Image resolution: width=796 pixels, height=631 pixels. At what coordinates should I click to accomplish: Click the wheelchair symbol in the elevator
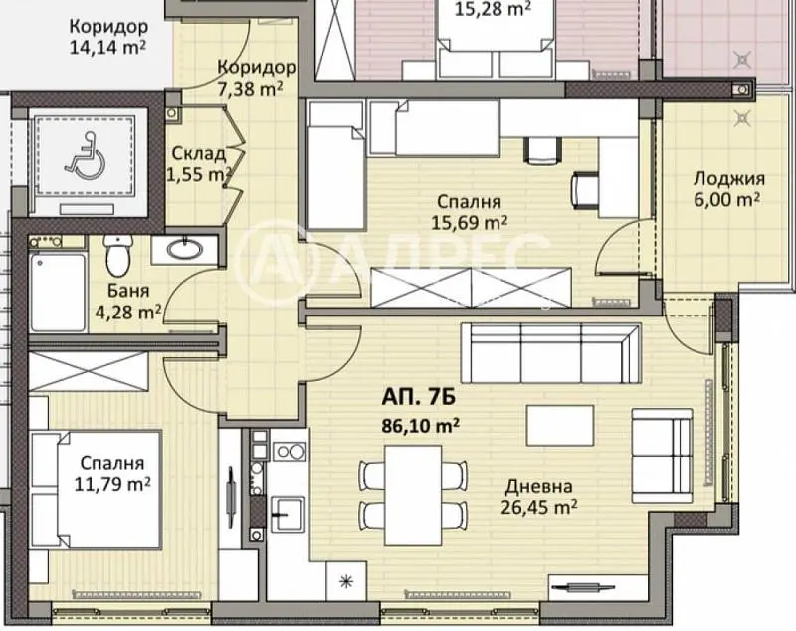[86, 156]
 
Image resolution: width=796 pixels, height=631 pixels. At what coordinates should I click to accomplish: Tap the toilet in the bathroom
[118, 256]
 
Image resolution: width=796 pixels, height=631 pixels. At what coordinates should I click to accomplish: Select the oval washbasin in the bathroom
[185, 249]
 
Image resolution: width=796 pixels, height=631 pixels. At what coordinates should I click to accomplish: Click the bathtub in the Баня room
[58, 292]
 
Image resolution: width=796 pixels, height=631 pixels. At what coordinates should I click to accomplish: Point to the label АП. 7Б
[418, 397]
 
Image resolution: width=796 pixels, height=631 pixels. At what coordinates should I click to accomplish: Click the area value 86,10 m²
[421, 425]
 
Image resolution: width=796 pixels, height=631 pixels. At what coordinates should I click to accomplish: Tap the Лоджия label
[729, 179]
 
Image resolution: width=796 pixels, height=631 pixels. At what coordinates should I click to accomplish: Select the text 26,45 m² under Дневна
[539, 507]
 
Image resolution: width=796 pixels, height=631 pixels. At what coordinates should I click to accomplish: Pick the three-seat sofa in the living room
[551, 353]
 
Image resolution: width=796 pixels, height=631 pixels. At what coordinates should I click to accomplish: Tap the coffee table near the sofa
[560, 425]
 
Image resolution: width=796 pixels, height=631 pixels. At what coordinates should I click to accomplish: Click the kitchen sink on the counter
[288, 515]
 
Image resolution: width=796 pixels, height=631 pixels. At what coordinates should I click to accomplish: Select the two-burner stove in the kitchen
[290, 451]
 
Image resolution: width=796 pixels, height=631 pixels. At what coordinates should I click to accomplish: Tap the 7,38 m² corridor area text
[250, 89]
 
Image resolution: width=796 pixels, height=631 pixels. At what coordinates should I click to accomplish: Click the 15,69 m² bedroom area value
[470, 222]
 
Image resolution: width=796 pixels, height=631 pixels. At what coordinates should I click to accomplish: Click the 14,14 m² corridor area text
[108, 47]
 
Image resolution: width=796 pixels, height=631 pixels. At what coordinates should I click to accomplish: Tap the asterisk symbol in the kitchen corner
[346, 582]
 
